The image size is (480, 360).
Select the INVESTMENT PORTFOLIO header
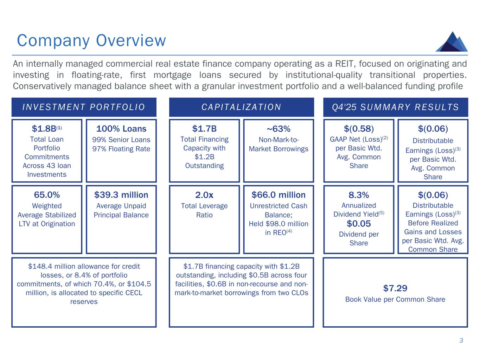84,107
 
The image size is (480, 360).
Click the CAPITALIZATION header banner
241,107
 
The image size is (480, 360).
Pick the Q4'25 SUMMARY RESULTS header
396,107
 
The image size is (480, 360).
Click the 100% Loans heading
121,129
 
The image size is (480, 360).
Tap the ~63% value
279,129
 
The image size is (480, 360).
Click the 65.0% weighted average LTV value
47,195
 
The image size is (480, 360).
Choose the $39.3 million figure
121,195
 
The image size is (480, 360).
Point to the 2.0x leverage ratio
204,195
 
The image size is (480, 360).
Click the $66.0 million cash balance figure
279,195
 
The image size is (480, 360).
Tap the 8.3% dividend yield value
359,195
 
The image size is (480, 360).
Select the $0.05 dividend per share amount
359,224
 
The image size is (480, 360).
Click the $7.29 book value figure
395,288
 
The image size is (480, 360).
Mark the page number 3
461,340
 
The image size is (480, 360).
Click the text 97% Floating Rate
121,149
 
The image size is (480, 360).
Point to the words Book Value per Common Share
395,300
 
